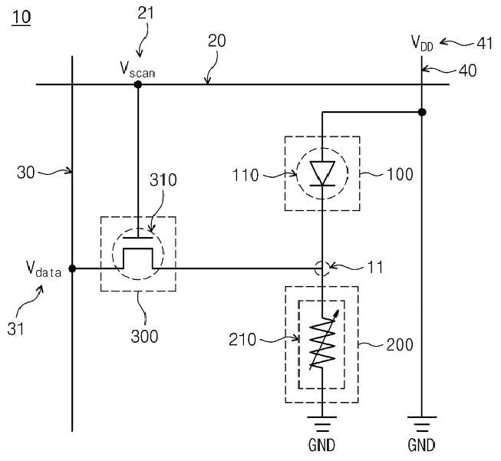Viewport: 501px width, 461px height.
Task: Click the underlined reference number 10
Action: point(21,17)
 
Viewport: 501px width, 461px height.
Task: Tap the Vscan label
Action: point(137,70)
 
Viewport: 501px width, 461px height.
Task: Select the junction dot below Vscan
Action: point(137,84)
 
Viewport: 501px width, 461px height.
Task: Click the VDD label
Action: point(422,43)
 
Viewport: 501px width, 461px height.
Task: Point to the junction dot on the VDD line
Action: point(422,112)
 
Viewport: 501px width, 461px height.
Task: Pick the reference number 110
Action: point(246,176)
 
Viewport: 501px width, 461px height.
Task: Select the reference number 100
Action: point(400,174)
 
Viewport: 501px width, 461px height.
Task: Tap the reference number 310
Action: point(163,180)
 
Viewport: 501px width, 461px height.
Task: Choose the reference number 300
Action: point(144,337)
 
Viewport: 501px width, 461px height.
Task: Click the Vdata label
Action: point(44,269)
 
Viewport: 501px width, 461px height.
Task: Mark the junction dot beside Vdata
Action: point(72,268)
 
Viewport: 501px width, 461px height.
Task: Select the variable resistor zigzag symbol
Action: point(322,341)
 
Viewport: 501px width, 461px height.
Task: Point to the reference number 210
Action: point(242,340)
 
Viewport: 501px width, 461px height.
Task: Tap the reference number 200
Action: point(400,344)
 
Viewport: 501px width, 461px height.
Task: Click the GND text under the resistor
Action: point(321,446)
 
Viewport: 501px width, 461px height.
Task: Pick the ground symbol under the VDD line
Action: point(422,423)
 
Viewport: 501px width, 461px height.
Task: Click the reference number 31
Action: point(15,328)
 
